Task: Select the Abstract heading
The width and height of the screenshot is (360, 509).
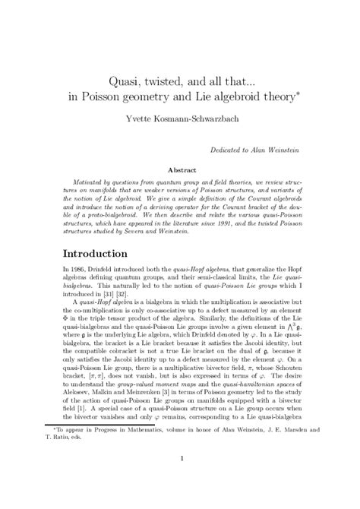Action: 179,171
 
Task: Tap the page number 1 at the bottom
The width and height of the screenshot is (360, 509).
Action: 180,479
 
